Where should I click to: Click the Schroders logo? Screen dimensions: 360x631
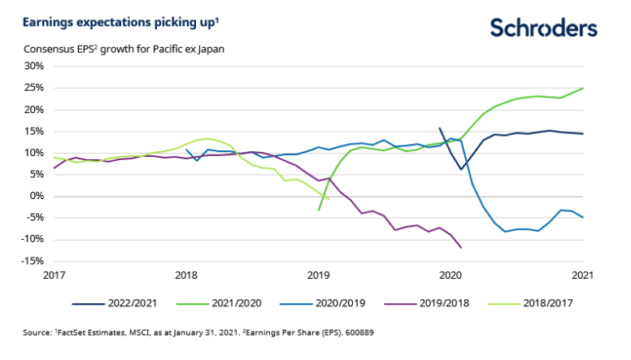click(544, 28)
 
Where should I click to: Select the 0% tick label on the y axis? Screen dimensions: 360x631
click(36, 196)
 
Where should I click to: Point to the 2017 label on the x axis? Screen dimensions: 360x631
click(54, 275)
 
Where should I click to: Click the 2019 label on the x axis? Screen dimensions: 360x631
click(319, 275)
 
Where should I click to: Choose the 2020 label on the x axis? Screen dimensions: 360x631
click(450, 275)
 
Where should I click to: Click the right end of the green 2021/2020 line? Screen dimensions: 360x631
click(583, 89)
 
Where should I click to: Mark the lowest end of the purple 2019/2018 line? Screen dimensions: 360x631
click(461, 247)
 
